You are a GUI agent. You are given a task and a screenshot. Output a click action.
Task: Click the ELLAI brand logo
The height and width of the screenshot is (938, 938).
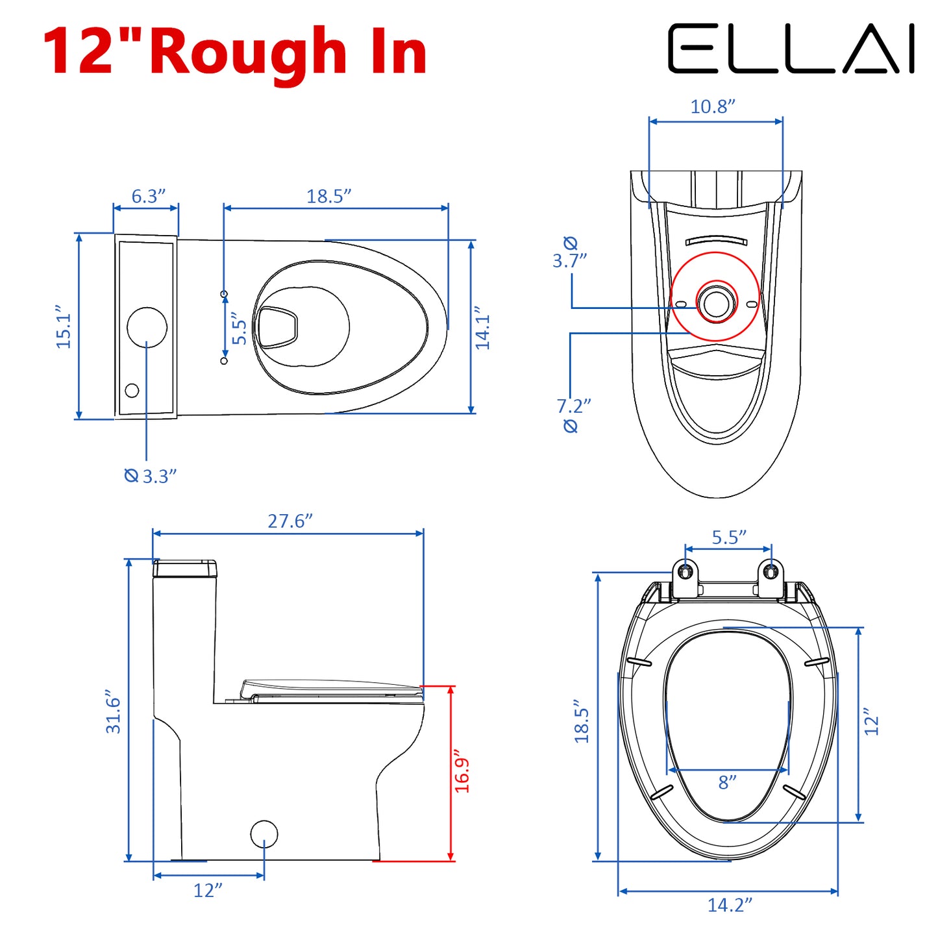[791, 49]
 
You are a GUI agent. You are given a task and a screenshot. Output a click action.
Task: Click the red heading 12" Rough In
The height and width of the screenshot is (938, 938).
[235, 52]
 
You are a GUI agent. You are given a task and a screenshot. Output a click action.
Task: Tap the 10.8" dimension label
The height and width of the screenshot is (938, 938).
[713, 106]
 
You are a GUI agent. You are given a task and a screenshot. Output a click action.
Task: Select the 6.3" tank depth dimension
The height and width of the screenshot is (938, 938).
[149, 196]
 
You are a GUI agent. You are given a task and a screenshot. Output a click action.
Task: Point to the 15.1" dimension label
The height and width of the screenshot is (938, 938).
[64, 327]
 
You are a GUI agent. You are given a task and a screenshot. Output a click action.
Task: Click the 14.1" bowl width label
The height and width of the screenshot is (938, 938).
[482, 328]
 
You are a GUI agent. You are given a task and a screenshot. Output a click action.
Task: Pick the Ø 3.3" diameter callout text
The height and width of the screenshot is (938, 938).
[151, 476]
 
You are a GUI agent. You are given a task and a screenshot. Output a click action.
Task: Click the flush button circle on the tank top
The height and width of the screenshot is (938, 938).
[147, 327]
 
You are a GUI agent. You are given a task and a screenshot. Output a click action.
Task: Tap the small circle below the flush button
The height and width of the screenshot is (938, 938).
[132, 390]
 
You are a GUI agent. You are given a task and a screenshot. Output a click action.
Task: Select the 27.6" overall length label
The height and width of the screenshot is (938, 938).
[290, 521]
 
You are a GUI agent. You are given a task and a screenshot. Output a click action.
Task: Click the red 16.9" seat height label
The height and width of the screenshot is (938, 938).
[462, 774]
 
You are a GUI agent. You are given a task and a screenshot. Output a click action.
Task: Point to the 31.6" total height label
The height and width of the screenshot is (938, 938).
[114, 712]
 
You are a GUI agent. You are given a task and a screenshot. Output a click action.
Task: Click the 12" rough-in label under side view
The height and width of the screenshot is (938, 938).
[208, 890]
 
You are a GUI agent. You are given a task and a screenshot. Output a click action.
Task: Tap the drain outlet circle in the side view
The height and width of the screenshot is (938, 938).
[264, 834]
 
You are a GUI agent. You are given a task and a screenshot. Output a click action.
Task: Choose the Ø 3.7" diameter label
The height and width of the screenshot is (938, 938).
[569, 253]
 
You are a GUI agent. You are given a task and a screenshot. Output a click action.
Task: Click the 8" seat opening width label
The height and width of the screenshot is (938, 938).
[727, 782]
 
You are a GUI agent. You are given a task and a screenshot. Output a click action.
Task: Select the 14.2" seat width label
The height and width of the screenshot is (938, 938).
[730, 905]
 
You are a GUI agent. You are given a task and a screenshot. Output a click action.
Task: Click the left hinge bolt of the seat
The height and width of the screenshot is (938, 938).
[685, 571]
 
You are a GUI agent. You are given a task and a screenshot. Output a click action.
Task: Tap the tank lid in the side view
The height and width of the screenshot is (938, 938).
[185, 569]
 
